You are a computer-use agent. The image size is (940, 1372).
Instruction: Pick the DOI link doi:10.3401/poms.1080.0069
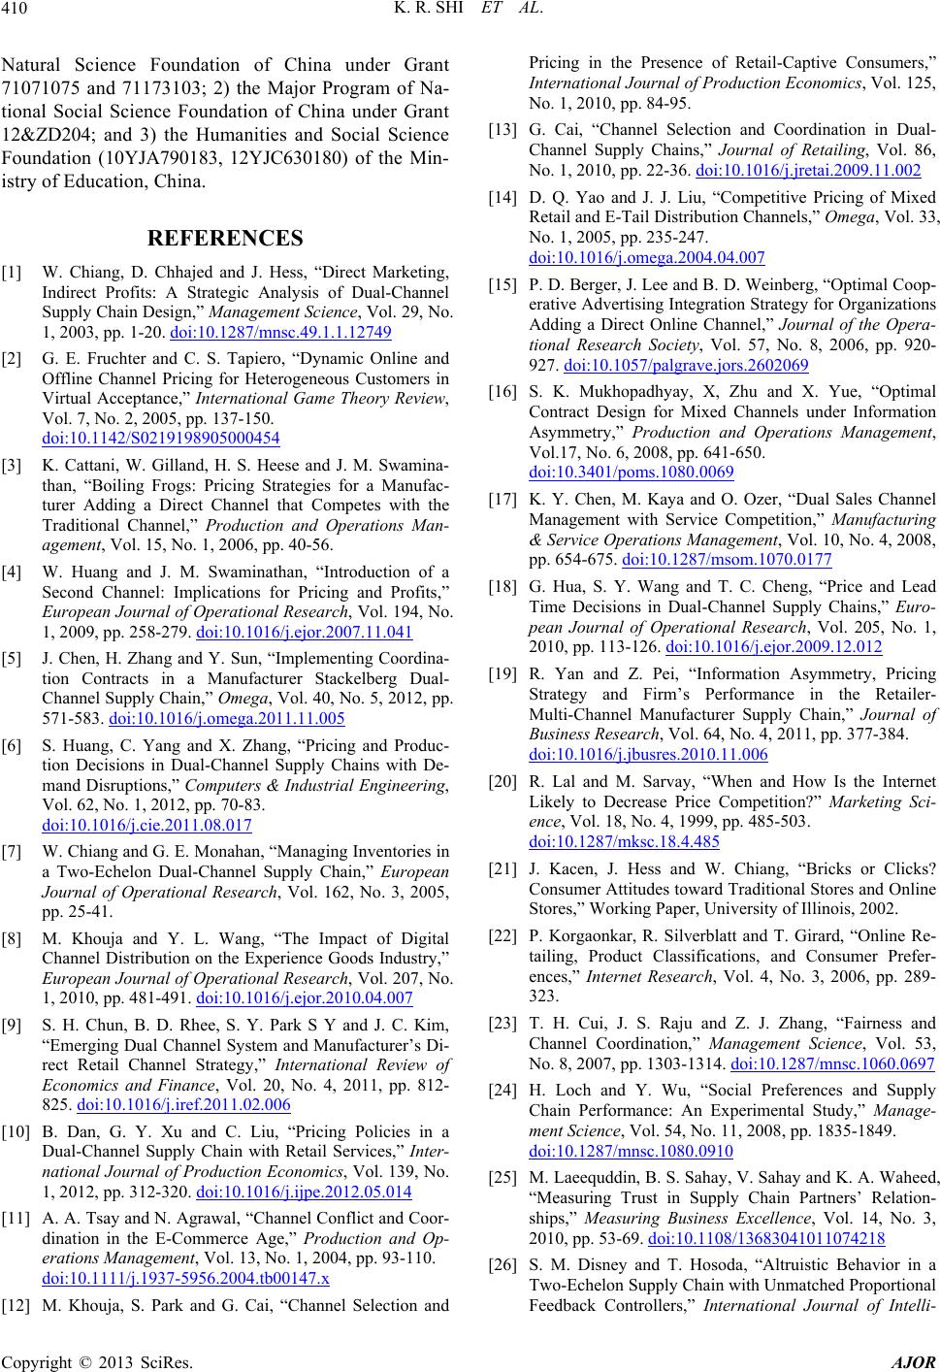coord(632,473)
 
